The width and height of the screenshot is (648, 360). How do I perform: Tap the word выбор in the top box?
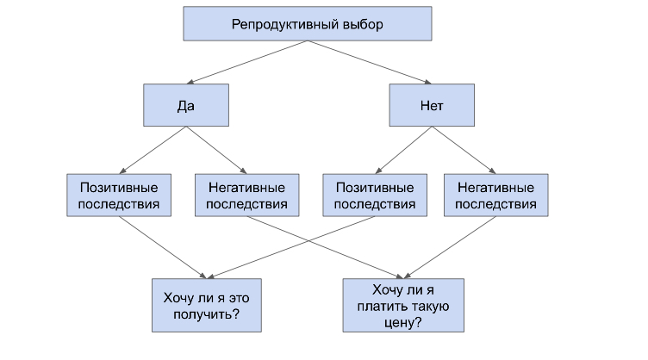click(x=363, y=25)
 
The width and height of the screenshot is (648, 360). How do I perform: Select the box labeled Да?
click(x=186, y=105)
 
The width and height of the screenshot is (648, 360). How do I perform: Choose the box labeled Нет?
click(x=432, y=105)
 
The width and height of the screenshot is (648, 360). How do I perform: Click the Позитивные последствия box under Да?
click(x=119, y=196)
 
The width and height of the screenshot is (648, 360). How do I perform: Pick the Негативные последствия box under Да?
click(x=247, y=196)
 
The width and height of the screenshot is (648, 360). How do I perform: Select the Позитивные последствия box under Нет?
click(x=375, y=196)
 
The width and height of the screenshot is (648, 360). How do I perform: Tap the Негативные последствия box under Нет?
click(x=496, y=196)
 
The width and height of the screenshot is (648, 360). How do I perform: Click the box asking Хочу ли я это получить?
click(x=207, y=305)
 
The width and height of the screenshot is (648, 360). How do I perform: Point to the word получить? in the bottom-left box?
click(x=207, y=314)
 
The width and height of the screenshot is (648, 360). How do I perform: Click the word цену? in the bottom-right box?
click(x=403, y=322)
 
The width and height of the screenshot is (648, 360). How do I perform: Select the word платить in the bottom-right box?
click(x=380, y=307)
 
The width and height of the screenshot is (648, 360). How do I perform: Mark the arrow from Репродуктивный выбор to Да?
click(x=247, y=62)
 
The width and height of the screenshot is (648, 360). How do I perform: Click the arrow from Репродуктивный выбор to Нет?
click(x=370, y=62)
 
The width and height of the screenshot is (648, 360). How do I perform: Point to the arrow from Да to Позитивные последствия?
click(x=153, y=150)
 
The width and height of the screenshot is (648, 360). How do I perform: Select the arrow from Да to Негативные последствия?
click(x=216, y=150)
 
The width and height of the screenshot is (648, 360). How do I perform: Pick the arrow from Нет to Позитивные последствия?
click(x=404, y=150)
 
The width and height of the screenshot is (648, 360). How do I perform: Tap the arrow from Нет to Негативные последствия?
click(x=464, y=150)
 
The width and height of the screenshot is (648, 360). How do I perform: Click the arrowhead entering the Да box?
click(x=190, y=82)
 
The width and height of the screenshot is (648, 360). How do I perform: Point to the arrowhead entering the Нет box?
click(x=427, y=82)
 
